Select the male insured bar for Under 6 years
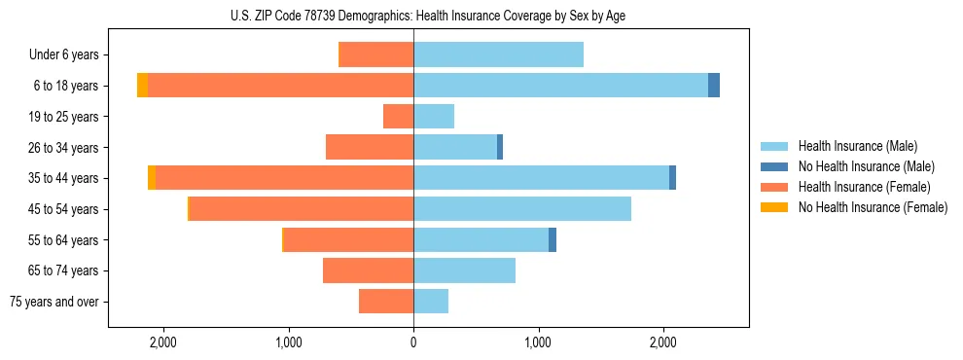pyautogui.click(x=498, y=54)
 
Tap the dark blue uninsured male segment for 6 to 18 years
pyautogui.click(x=714, y=86)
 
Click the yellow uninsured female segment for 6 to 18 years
pyautogui.click(x=142, y=86)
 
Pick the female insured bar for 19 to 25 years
pyautogui.click(x=398, y=117)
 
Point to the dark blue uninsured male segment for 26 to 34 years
pyautogui.click(x=500, y=147)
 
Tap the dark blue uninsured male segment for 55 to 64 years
pyautogui.click(x=553, y=239)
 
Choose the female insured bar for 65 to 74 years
pyautogui.click(x=368, y=270)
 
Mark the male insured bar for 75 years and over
pyautogui.click(x=431, y=302)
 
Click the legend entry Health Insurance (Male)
pyautogui.click(x=856, y=146)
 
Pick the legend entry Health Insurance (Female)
pyautogui.click(x=864, y=187)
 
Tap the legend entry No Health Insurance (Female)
pyautogui.click(x=873, y=207)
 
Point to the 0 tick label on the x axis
pyautogui.click(x=413, y=342)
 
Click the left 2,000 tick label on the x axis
pyautogui.click(x=162, y=342)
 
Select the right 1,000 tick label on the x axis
pyautogui.click(x=538, y=342)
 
